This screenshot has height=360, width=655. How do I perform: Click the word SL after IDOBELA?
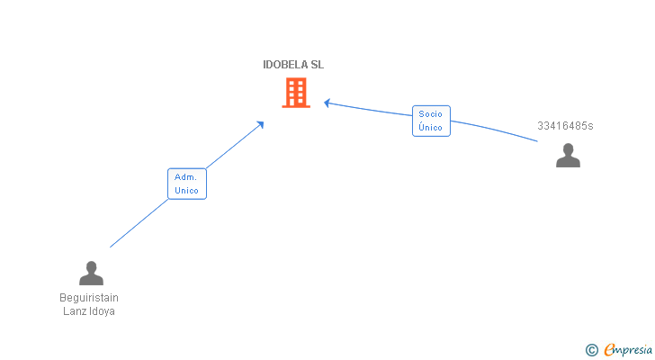317,65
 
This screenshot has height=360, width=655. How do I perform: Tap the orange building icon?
296,93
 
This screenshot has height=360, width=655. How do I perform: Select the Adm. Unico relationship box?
187,184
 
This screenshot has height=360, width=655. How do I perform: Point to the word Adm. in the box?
186,177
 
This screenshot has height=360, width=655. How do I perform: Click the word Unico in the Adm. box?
187,191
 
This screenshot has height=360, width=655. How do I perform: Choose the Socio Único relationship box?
431,121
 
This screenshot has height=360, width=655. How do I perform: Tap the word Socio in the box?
431,114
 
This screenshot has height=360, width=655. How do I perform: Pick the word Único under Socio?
431,128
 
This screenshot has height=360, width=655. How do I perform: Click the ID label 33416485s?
565,126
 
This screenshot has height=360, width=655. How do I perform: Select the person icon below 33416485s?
568,155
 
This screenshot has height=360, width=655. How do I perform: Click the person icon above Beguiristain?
91,273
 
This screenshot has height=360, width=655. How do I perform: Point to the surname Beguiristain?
89,298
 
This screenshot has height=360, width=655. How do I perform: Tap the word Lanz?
72,311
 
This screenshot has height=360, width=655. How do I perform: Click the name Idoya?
102,311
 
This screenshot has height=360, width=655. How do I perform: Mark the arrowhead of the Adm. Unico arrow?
261,123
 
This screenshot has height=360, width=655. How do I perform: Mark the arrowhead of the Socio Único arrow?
327,103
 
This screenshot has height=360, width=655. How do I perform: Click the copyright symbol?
591,350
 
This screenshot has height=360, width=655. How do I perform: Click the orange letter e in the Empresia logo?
609,350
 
